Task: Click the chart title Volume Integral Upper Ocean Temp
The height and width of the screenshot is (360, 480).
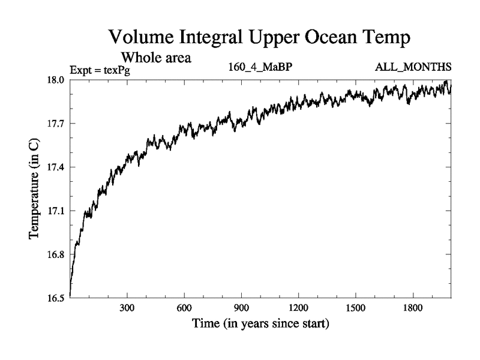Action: click(260, 38)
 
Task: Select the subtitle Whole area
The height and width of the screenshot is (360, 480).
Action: click(157, 58)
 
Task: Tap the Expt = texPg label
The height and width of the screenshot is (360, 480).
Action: click(100, 70)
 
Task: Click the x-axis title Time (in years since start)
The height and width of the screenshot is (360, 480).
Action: click(260, 325)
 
